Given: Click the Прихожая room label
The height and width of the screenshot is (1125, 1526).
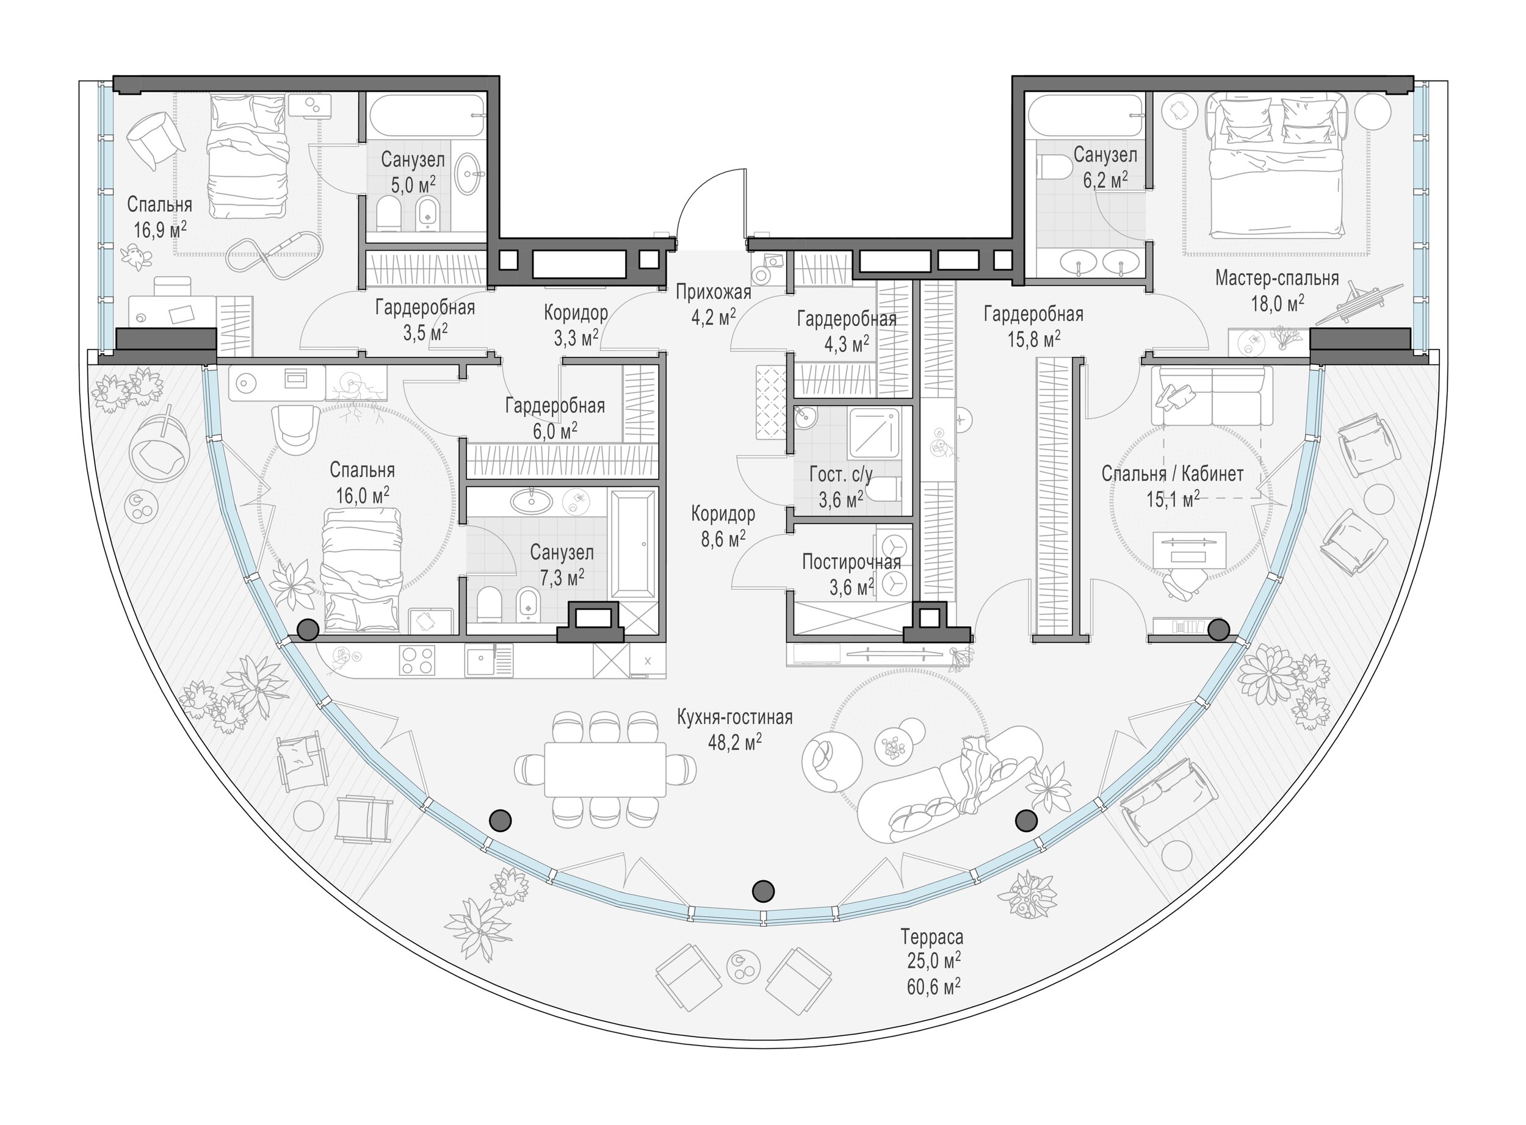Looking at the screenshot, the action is click(x=714, y=292).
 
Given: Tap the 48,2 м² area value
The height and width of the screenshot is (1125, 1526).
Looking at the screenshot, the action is click(x=734, y=742).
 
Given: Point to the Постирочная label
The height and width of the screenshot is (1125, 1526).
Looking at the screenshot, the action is click(x=851, y=562).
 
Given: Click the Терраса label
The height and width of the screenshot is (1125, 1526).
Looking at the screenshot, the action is click(x=932, y=937).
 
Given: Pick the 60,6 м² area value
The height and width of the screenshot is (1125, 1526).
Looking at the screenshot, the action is click(x=933, y=986).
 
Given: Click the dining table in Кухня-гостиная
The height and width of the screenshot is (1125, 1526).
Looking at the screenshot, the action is click(x=604, y=769).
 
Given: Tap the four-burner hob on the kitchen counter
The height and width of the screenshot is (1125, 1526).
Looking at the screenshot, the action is click(x=417, y=660).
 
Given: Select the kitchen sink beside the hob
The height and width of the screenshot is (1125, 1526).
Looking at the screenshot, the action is click(x=489, y=660).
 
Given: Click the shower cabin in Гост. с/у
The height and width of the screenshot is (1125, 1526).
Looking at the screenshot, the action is click(x=875, y=433).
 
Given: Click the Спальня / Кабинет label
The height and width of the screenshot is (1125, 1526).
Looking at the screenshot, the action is click(x=1173, y=473).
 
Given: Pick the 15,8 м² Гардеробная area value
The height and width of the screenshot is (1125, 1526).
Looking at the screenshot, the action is click(x=1033, y=339).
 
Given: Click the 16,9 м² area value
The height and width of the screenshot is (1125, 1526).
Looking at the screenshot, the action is click(x=159, y=229).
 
